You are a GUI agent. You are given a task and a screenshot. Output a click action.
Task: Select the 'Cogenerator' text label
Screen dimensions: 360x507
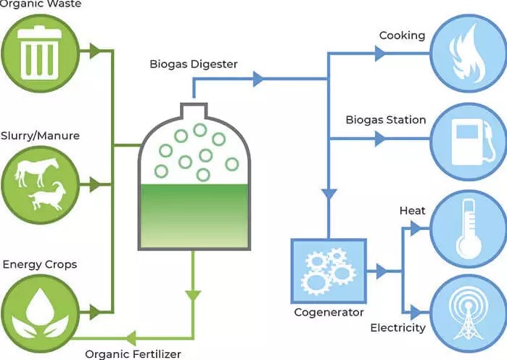pyautogui.click(x=328, y=313)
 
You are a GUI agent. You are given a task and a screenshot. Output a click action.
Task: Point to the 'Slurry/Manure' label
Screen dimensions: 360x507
pyautogui.click(x=41, y=136)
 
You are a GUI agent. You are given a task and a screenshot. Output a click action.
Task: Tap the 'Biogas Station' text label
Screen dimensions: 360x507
pyautogui.click(x=385, y=119)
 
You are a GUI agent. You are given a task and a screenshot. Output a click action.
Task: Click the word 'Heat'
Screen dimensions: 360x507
pyautogui.click(x=412, y=210)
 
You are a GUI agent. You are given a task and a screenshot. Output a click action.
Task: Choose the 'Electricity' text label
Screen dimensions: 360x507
pyautogui.click(x=397, y=328)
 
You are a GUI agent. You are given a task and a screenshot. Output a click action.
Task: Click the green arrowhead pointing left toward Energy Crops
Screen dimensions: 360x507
pyautogui.click(x=131, y=337)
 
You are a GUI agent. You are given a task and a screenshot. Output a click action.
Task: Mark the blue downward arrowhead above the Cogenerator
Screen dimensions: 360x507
pyautogui.click(x=329, y=195)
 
